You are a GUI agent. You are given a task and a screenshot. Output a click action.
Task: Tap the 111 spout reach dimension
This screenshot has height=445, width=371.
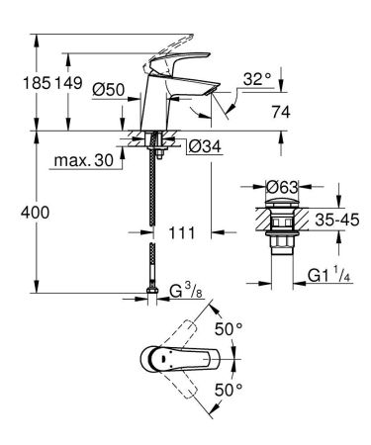tap(180, 233)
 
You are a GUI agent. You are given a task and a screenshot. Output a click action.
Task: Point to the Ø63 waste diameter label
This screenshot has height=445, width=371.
tap(280, 184)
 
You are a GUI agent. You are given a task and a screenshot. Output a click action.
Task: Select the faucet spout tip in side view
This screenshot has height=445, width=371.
tap(216, 91)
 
